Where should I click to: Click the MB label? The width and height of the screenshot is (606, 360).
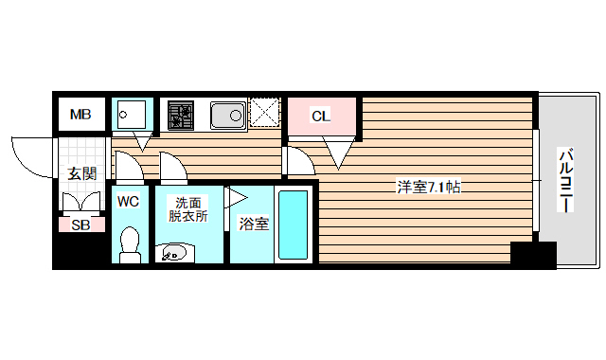(x=80, y=116)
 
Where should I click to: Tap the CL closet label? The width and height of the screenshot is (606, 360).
(x=321, y=117)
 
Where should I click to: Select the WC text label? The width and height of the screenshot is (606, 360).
(x=129, y=201)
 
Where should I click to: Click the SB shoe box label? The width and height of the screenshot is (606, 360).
(x=80, y=225)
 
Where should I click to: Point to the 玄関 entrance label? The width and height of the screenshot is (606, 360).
(x=81, y=173)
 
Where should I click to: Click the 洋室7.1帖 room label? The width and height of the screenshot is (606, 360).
(x=428, y=188)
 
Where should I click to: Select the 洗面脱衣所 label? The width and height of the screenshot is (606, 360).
(x=187, y=208)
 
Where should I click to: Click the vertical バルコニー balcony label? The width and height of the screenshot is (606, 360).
(x=566, y=180)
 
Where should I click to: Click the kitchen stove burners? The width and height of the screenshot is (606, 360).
(x=180, y=117)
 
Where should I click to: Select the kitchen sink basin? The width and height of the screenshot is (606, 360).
(x=227, y=116)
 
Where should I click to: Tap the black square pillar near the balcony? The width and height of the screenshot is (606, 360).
(x=533, y=255)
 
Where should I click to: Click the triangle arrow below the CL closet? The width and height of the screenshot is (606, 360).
(x=336, y=149)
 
